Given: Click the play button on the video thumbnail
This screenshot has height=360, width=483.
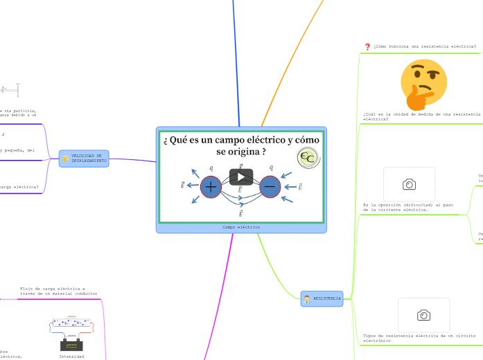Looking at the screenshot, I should coord(241,177).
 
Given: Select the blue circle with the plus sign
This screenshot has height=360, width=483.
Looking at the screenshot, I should coord(211,186).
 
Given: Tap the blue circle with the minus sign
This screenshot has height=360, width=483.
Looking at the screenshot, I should coord(270,186).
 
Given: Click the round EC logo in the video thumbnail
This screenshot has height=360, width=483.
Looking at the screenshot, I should coord(307,157).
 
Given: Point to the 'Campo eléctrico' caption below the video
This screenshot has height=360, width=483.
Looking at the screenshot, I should coord(241,227).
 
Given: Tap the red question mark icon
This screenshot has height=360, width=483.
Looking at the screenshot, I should coord(367,47).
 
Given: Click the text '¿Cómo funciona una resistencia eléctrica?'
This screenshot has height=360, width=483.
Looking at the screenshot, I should coord(424,47).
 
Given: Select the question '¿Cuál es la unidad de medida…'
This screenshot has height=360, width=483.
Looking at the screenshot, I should coord(421,116).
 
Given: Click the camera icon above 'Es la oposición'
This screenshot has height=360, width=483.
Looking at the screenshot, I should coord(409,184).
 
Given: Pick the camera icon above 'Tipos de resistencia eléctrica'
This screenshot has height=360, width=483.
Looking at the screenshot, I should coord(423,315).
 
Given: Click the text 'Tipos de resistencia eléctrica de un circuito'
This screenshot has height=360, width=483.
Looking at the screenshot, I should coord(419,338).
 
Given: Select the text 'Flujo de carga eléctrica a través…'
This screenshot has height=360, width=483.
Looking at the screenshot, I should coord(59,290).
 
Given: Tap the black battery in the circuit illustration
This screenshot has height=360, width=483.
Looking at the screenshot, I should coord(71,345).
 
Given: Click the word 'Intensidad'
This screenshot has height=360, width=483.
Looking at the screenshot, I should coord(71,356).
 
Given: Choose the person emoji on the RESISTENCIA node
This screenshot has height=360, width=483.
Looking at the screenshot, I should coord(306,299).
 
